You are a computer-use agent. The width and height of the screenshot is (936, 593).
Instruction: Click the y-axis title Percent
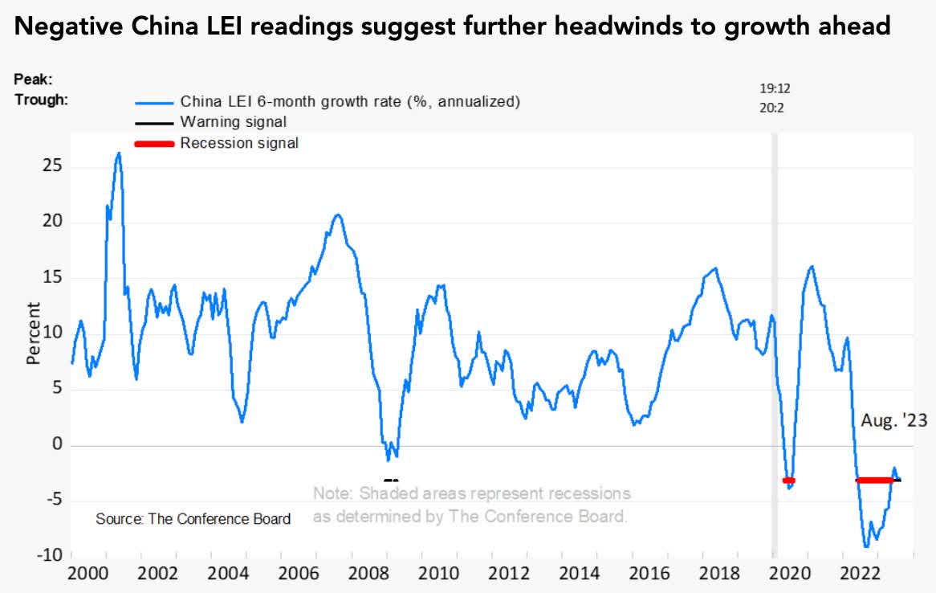[33, 333]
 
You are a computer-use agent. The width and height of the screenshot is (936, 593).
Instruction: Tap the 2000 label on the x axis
[87, 575]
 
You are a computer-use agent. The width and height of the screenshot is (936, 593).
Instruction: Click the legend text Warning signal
[233, 122]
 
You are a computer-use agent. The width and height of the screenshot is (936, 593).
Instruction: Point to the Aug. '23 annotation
[893, 420]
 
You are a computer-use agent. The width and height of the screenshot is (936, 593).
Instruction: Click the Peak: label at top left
[33, 80]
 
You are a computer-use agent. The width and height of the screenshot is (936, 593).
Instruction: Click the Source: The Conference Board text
[193, 518]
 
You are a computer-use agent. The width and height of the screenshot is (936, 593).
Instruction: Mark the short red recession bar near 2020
[788, 481]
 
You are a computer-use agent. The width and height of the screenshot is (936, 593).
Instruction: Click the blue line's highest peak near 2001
[118, 153]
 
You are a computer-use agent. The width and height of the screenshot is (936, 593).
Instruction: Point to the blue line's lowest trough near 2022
[866, 546]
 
